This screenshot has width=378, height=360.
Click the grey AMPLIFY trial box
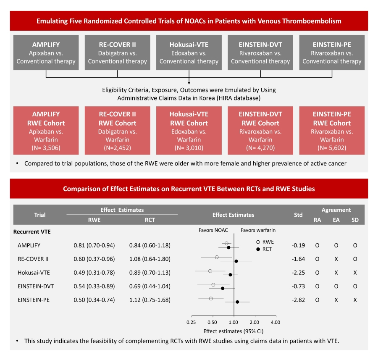(x=46, y=53)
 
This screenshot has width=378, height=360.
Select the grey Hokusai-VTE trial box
(x=189, y=53)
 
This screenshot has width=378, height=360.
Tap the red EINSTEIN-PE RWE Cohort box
(x=332, y=131)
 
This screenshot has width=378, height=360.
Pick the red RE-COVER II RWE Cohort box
(x=118, y=131)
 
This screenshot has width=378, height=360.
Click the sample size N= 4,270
(x=260, y=148)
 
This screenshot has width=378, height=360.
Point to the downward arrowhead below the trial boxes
(x=189, y=83)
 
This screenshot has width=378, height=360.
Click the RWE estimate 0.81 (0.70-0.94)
(x=94, y=245)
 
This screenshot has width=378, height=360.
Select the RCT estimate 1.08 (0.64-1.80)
(x=150, y=259)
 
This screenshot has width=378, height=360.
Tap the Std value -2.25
(x=298, y=273)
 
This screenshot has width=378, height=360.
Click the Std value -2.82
(x=298, y=300)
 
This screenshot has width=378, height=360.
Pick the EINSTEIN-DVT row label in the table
(x=36, y=286)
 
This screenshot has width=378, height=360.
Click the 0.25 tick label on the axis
(x=191, y=322)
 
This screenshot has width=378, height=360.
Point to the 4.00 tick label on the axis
(x=275, y=322)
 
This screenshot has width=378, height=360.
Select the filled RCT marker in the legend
(x=258, y=250)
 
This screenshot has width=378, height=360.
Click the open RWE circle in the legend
(x=258, y=242)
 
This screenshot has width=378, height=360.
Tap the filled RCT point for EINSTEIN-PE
(x=237, y=302)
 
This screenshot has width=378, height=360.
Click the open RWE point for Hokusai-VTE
(x=210, y=271)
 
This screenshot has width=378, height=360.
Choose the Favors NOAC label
(x=213, y=230)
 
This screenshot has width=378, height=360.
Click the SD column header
(x=355, y=220)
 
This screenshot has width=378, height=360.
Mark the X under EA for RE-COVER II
(x=336, y=259)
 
